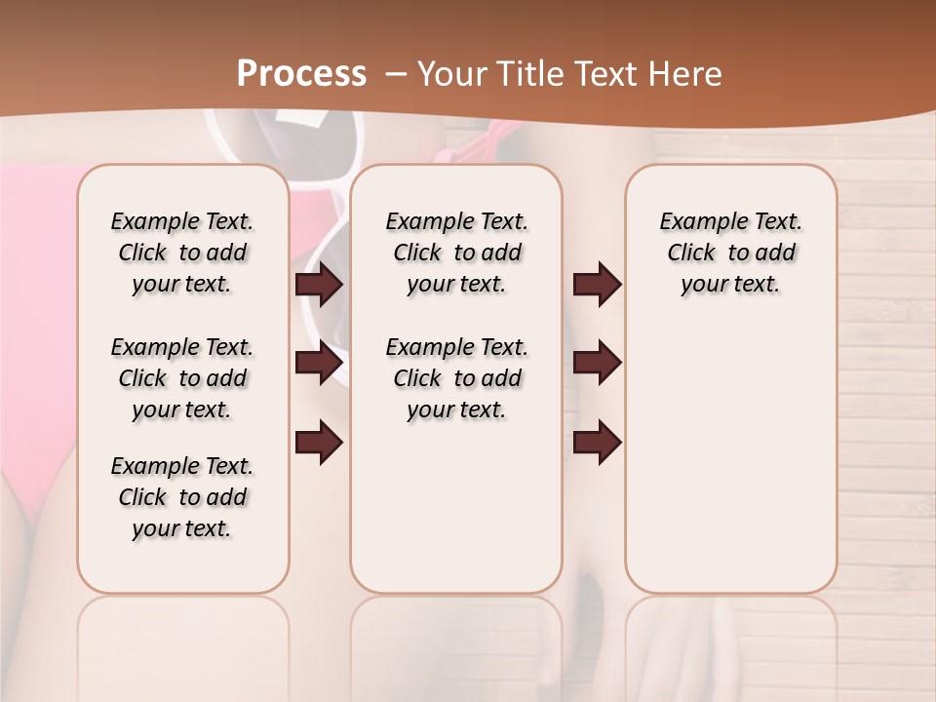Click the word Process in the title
(x=301, y=73)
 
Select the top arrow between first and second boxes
(x=319, y=284)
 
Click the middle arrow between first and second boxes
(x=319, y=363)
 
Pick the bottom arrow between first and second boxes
(x=319, y=443)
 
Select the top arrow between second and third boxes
(x=597, y=284)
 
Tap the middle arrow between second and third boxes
(x=597, y=363)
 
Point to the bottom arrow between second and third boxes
(x=597, y=443)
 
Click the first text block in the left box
(x=182, y=253)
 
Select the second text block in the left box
(x=182, y=378)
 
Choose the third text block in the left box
(x=182, y=497)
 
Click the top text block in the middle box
(x=456, y=253)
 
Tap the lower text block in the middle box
(x=456, y=378)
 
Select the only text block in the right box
(x=730, y=253)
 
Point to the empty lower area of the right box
(x=730, y=458)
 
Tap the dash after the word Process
(x=396, y=73)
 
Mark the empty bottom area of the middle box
(x=456, y=517)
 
